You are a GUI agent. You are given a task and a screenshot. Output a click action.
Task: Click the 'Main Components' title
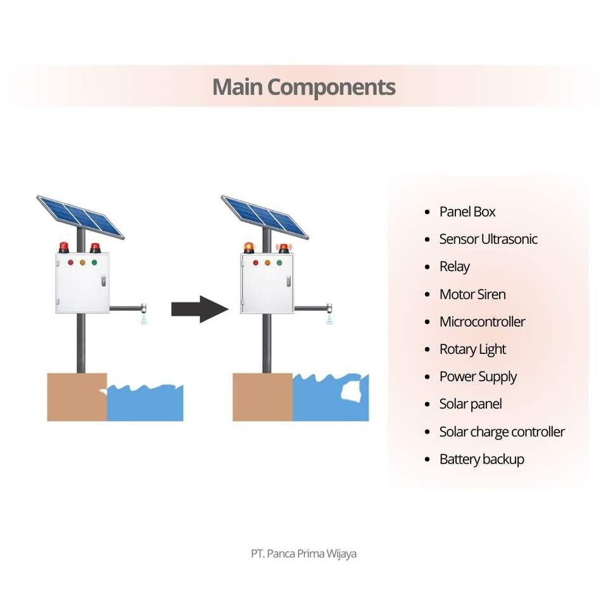[303, 87]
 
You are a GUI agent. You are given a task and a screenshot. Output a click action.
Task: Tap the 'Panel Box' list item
[467, 212]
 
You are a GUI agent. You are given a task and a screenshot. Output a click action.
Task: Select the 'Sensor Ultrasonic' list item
[488, 239]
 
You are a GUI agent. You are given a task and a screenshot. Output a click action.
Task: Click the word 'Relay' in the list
[455, 267]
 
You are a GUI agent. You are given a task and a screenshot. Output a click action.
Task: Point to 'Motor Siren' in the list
[472, 294]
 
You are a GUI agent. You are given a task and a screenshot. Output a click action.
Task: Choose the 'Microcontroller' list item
[482, 322]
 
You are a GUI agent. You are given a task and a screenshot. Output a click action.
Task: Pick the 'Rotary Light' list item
[472, 349]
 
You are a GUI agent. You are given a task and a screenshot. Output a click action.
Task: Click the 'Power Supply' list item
[478, 377]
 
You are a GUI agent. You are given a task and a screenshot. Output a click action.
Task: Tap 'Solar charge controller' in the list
[502, 432]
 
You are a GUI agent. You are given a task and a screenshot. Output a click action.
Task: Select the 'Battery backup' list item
[481, 459]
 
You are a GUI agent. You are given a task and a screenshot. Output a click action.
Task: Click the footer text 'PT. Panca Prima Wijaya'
[303, 554]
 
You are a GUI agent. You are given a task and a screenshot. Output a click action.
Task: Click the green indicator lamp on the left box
[94, 262]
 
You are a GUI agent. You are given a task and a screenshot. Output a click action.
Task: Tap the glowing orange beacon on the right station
[248, 247]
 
